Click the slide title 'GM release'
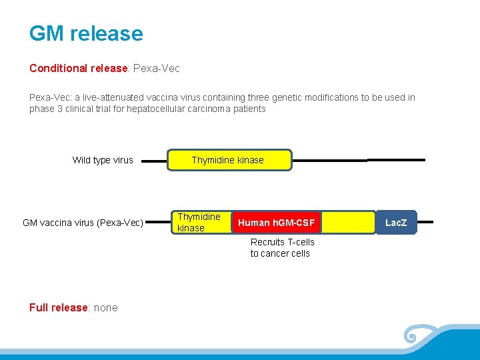point(86,34)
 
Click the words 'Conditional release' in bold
point(78,68)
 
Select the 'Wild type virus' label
point(103,160)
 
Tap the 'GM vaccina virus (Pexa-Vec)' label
point(83,223)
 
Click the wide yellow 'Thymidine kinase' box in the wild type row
point(228,160)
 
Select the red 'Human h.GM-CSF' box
point(276,223)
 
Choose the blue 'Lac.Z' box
point(396,223)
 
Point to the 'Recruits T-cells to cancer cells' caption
point(282,248)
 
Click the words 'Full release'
point(59,307)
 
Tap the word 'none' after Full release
point(106,307)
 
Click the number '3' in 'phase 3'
point(59,109)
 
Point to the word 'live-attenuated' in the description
point(107,97)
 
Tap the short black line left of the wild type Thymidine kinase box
point(155,161)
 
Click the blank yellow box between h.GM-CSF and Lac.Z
point(349,223)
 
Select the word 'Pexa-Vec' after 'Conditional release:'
point(157,68)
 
